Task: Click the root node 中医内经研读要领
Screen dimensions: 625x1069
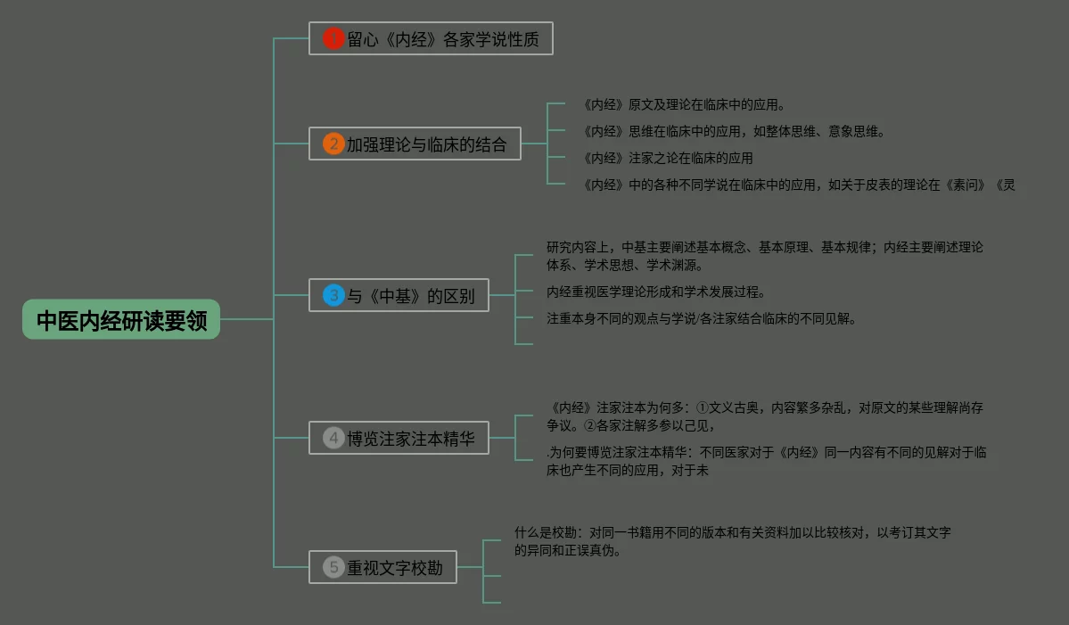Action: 121,320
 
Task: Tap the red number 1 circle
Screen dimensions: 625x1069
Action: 333,38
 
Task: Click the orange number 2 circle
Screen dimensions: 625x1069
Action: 333,144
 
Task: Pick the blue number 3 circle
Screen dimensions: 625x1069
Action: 333,295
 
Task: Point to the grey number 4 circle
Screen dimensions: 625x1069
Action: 333,438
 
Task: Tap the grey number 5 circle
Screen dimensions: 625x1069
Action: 333,567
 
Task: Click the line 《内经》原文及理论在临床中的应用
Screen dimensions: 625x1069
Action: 683,105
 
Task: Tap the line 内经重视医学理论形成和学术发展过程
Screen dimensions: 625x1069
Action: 655,292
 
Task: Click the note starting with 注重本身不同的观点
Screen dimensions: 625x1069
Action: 701,318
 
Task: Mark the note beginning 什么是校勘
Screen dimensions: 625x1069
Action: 732,541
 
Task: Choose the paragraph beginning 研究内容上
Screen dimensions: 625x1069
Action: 764,256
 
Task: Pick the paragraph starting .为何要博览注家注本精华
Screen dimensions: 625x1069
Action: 766,461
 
